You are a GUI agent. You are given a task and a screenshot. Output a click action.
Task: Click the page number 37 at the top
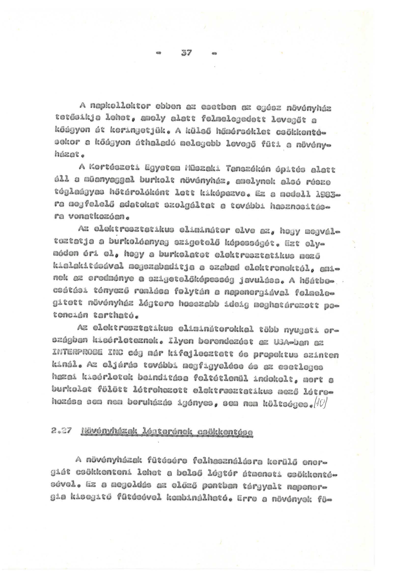(186, 53)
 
